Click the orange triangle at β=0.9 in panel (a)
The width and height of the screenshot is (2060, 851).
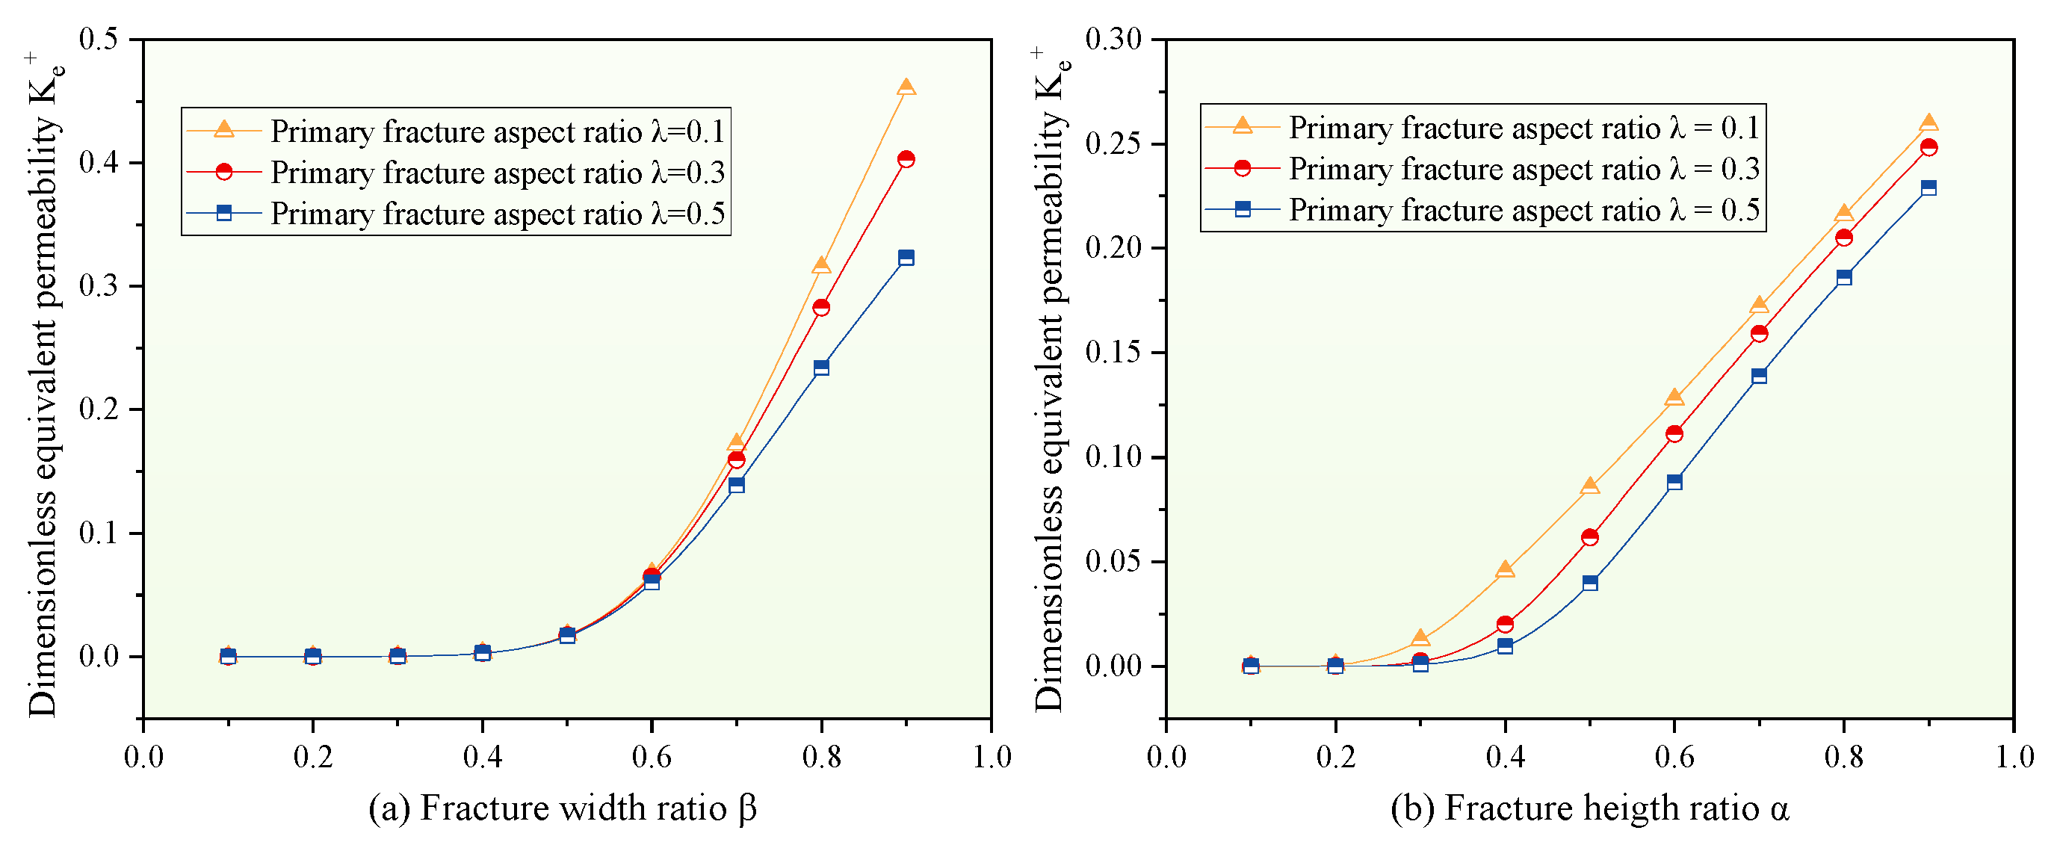906,87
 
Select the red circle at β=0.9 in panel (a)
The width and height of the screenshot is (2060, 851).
906,159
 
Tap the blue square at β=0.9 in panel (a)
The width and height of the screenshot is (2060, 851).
906,258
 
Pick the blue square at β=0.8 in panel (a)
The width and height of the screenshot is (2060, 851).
820,368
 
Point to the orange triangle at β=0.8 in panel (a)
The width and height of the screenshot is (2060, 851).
820,265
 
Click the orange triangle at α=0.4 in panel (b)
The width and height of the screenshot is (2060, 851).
1504,569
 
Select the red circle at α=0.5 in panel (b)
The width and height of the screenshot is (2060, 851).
1589,537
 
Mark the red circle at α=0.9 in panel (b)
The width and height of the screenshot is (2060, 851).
1928,147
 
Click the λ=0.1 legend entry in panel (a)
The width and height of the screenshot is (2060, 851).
456,130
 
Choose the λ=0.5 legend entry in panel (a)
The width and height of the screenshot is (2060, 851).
456,214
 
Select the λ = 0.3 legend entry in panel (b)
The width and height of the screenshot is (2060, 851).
1483,169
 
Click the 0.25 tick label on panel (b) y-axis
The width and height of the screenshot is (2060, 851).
1113,144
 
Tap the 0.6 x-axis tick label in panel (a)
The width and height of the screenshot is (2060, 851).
652,757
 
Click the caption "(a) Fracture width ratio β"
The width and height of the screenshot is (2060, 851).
562,808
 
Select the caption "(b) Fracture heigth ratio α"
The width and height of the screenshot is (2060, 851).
1590,808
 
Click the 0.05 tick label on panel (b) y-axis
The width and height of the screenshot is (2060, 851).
1113,561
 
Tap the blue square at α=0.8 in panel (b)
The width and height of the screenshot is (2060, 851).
1843,277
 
